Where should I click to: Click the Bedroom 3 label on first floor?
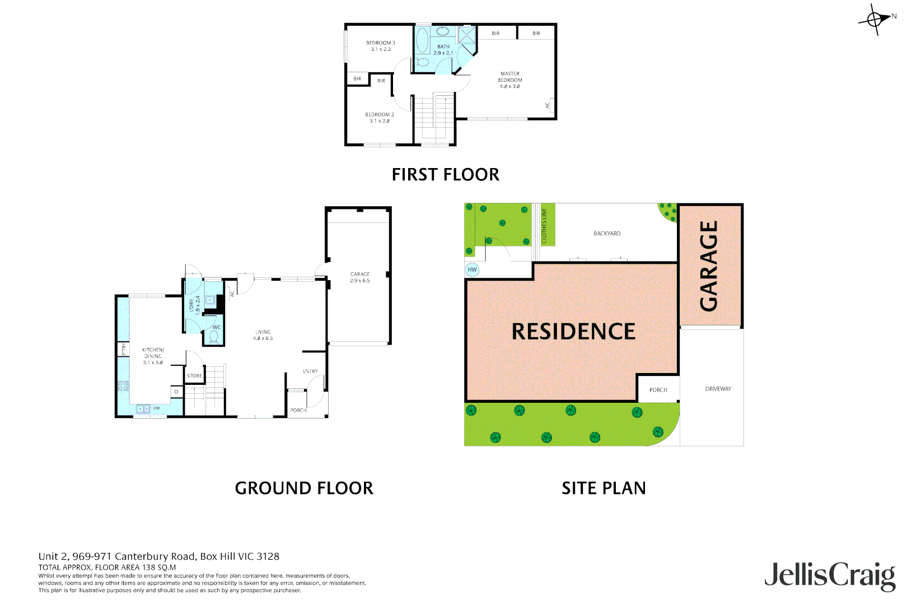tap(380, 43)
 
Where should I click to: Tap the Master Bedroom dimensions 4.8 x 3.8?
tap(509, 86)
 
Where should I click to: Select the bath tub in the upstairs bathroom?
tap(422, 41)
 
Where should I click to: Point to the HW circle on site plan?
tap(472, 270)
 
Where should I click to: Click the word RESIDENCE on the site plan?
tap(573, 332)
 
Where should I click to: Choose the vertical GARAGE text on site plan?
tap(709, 266)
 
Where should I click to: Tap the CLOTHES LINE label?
tap(544, 226)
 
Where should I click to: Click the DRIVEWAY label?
tap(718, 389)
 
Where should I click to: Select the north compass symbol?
tap(875, 20)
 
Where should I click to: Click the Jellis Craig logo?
tap(829, 575)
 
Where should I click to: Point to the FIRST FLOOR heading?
tap(445, 175)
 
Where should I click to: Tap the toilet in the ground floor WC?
tap(213, 337)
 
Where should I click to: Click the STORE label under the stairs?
tap(194, 376)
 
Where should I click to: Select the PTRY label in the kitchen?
tap(124, 349)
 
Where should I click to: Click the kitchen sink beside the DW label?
tap(143, 409)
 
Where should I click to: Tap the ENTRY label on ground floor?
tap(310, 371)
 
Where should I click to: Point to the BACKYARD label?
tap(607, 234)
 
